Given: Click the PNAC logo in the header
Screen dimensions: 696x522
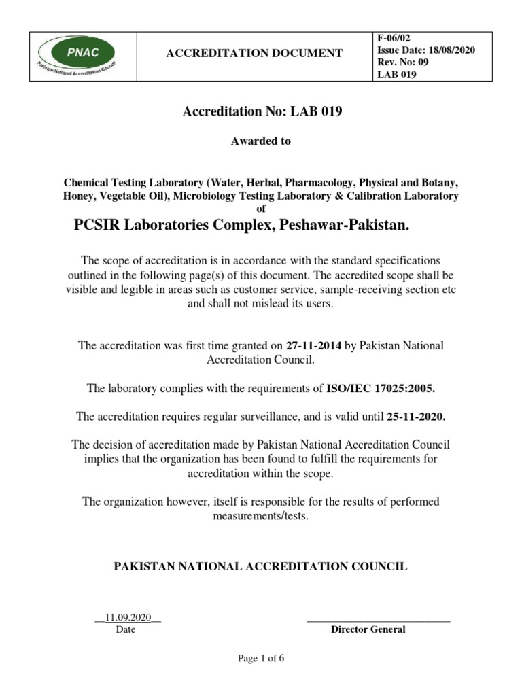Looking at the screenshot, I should coord(76,53).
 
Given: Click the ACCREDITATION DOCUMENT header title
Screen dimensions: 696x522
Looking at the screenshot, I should coord(255,53).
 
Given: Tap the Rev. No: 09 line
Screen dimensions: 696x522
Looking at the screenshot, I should coord(404,63).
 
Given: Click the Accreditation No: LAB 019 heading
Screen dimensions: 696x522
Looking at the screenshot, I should coord(261,111).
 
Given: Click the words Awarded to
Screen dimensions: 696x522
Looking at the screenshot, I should coord(261,141).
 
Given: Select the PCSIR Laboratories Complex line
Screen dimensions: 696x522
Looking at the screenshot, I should coord(241,226).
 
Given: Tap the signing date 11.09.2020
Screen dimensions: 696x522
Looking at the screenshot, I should coord(128,617).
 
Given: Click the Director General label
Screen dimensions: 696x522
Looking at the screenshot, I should coord(368,629).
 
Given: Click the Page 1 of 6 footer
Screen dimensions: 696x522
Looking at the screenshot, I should coord(260,659).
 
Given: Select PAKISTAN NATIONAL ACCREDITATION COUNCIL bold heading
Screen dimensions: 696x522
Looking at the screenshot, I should coord(260,565).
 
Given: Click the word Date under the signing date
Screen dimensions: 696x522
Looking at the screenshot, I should coord(126,629).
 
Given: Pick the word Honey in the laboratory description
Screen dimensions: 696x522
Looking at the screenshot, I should coord(78,196).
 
